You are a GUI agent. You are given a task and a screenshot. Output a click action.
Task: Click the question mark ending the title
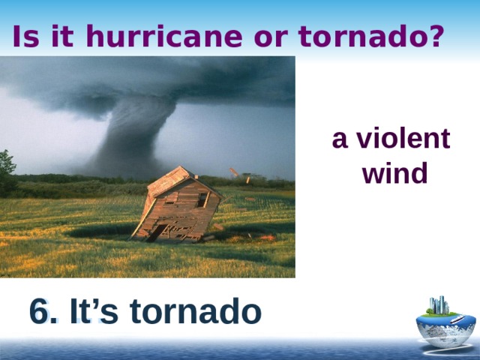pyautogui.click(x=434, y=36)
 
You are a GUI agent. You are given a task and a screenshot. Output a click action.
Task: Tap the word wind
pyautogui.click(x=394, y=174)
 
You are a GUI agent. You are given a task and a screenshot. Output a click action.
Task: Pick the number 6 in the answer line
pyautogui.click(x=39, y=311)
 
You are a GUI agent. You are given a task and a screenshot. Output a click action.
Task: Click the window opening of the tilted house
pyautogui.click(x=202, y=199)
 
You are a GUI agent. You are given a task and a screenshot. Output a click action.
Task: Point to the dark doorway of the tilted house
pyautogui.click(x=154, y=232)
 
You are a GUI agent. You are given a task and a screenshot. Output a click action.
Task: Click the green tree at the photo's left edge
pyautogui.click(x=7, y=169)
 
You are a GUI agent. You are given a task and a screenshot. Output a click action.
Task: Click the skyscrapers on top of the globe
pyautogui.click(x=439, y=305)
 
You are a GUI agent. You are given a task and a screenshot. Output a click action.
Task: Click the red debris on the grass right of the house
pyautogui.click(x=263, y=238)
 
